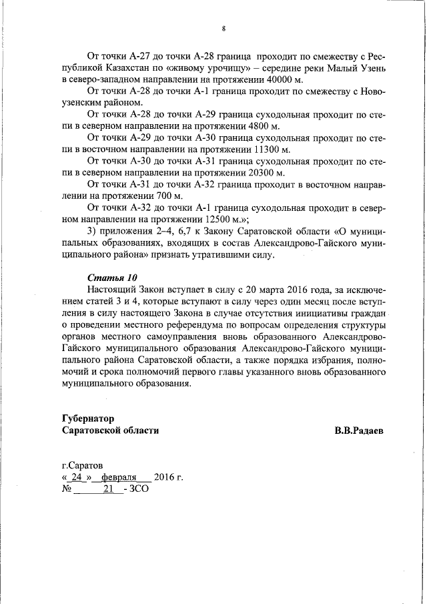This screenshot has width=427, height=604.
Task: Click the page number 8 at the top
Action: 224,28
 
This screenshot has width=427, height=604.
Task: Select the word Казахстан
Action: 136,68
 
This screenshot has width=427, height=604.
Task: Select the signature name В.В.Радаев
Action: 359,430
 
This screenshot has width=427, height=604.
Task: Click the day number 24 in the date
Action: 76,478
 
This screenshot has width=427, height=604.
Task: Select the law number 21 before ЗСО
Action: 107,490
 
